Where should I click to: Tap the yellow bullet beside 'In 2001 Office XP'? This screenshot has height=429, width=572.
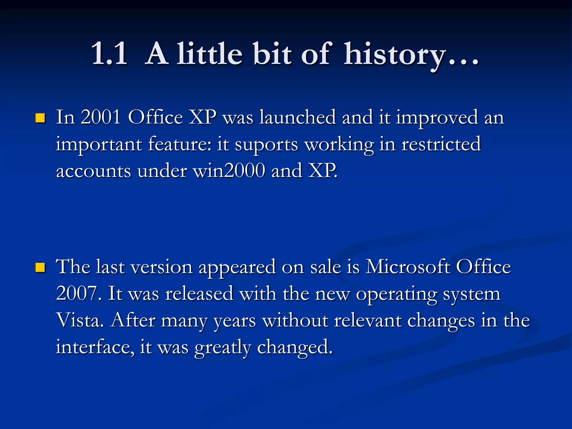tap(40, 118)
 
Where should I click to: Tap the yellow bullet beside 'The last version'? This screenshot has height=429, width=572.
tap(40, 268)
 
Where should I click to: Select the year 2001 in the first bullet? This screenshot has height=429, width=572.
tap(101, 117)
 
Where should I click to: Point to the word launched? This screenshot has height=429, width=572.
tap(297, 117)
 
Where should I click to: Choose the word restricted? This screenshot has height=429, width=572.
tap(441, 144)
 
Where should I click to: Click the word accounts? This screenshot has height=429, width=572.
tap(94, 171)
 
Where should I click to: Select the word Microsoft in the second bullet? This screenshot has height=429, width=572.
tap(407, 267)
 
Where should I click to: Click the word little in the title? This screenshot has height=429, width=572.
tap(209, 54)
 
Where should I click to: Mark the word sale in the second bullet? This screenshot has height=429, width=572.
tap(326, 267)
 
